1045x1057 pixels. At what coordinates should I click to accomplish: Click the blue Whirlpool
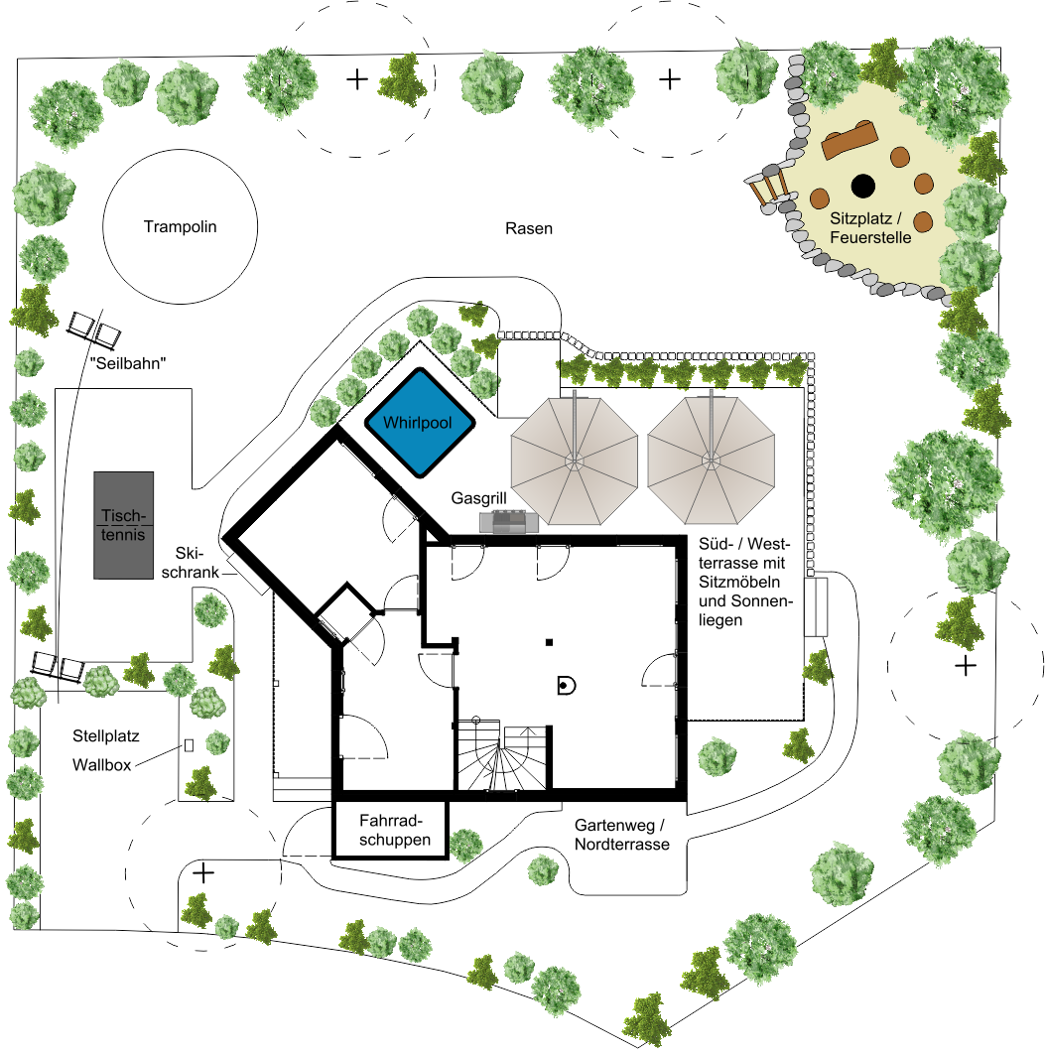pyautogui.click(x=420, y=423)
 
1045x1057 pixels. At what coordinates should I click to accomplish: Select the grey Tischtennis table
pyautogui.click(x=123, y=525)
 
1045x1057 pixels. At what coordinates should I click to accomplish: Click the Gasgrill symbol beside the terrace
pyautogui.click(x=509, y=521)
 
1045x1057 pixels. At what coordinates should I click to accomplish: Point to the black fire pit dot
pyautogui.click(x=863, y=186)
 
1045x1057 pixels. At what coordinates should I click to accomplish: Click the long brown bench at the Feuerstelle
pyautogui.click(x=849, y=140)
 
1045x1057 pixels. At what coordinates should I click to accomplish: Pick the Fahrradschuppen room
pyautogui.click(x=391, y=829)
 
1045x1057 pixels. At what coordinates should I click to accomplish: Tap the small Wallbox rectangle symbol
pyautogui.click(x=189, y=745)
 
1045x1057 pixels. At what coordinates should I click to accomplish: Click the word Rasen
pyautogui.click(x=529, y=228)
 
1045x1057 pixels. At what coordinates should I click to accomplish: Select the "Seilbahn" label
pyautogui.click(x=128, y=363)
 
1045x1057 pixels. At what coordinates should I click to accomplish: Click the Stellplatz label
pyautogui.click(x=106, y=736)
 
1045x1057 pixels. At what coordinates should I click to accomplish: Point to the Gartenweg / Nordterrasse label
pyautogui.click(x=621, y=835)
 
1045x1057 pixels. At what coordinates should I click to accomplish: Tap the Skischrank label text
pyautogui.click(x=191, y=563)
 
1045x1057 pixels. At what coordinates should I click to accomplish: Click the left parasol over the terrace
pyautogui.click(x=575, y=462)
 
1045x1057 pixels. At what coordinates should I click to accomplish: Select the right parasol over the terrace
pyautogui.click(x=712, y=461)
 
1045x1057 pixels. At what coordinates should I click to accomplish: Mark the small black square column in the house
pyautogui.click(x=550, y=642)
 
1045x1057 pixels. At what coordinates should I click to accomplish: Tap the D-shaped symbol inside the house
pyautogui.click(x=566, y=686)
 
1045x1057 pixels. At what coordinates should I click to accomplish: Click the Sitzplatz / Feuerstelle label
pyautogui.click(x=870, y=228)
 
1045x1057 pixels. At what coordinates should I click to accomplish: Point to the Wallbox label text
pyautogui.click(x=102, y=765)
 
